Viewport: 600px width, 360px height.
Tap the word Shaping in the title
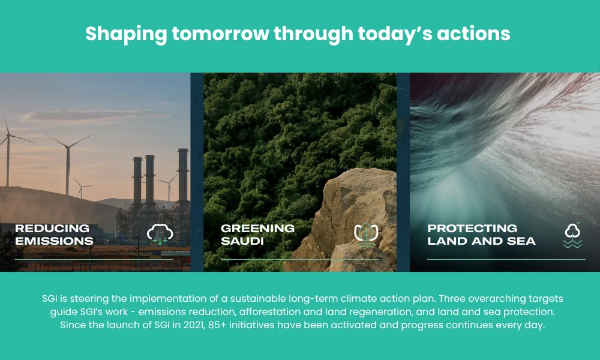click(x=125, y=34)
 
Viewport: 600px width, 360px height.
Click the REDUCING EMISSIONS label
click(x=54, y=235)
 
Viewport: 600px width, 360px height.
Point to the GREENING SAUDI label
click(x=257, y=235)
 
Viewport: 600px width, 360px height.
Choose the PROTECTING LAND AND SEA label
click(x=481, y=235)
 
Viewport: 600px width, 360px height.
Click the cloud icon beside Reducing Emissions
click(x=160, y=234)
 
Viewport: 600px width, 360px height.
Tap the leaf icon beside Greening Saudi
click(x=365, y=235)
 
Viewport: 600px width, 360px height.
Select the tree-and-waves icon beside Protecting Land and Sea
click(x=572, y=235)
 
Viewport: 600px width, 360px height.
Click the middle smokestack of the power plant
click(x=149, y=180)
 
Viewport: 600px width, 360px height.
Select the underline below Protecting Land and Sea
click(x=506, y=259)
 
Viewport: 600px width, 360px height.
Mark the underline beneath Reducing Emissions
click(x=94, y=259)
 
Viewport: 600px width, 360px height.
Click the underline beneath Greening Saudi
click(x=299, y=259)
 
